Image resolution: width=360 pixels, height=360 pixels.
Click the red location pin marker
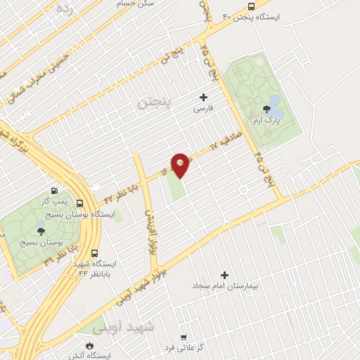(x=181, y=164)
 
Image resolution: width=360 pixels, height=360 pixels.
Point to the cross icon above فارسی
(x=204, y=97)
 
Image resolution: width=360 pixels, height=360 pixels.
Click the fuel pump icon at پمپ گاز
(x=54, y=191)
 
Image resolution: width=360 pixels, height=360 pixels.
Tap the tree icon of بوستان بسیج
(x=41, y=231)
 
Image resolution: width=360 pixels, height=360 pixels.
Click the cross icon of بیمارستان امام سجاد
(x=225, y=275)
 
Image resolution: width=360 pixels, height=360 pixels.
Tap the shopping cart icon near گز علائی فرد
(x=184, y=337)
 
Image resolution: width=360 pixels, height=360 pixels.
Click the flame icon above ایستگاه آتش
(x=90, y=345)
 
